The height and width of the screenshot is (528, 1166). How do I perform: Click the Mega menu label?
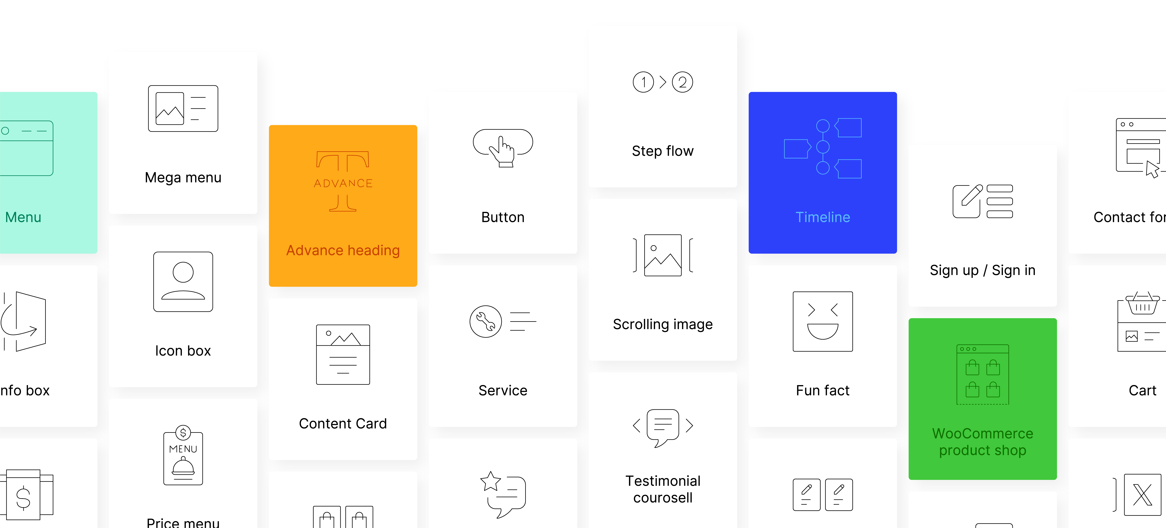pyautogui.click(x=183, y=177)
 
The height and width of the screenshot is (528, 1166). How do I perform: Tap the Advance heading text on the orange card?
pyautogui.click(x=343, y=250)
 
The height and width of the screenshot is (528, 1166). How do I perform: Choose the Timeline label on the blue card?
pyautogui.click(x=823, y=217)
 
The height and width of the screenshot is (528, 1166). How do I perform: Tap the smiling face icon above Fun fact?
pyautogui.click(x=823, y=322)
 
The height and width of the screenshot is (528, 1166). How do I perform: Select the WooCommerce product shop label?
pyautogui.click(x=982, y=442)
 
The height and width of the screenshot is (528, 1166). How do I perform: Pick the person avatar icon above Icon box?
pyautogui.click(x=183, y=282)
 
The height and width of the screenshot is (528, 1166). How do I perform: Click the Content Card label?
pyautogui.click(x=343, y=423)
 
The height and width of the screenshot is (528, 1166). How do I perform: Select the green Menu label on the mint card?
pyautogui.click(x=23, y=217)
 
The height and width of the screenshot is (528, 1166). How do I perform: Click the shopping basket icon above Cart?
pyautogui.click(x=1142, y=303)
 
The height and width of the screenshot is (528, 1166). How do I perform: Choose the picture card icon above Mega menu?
pyautogui.click(x=183, y=109)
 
